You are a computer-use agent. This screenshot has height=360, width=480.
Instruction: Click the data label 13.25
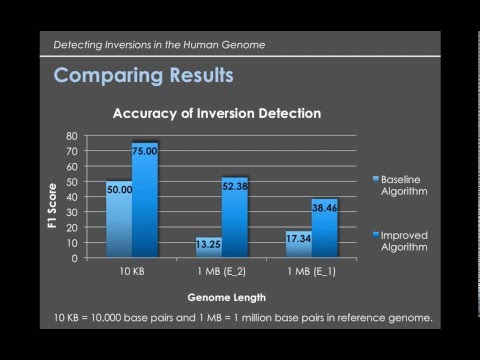[207, 242]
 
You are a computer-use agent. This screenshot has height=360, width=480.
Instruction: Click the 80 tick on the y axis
[71, 135]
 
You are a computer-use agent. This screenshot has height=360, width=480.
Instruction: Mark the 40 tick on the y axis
[71, 196]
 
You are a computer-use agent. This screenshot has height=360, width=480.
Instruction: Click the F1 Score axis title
[49, 197]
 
